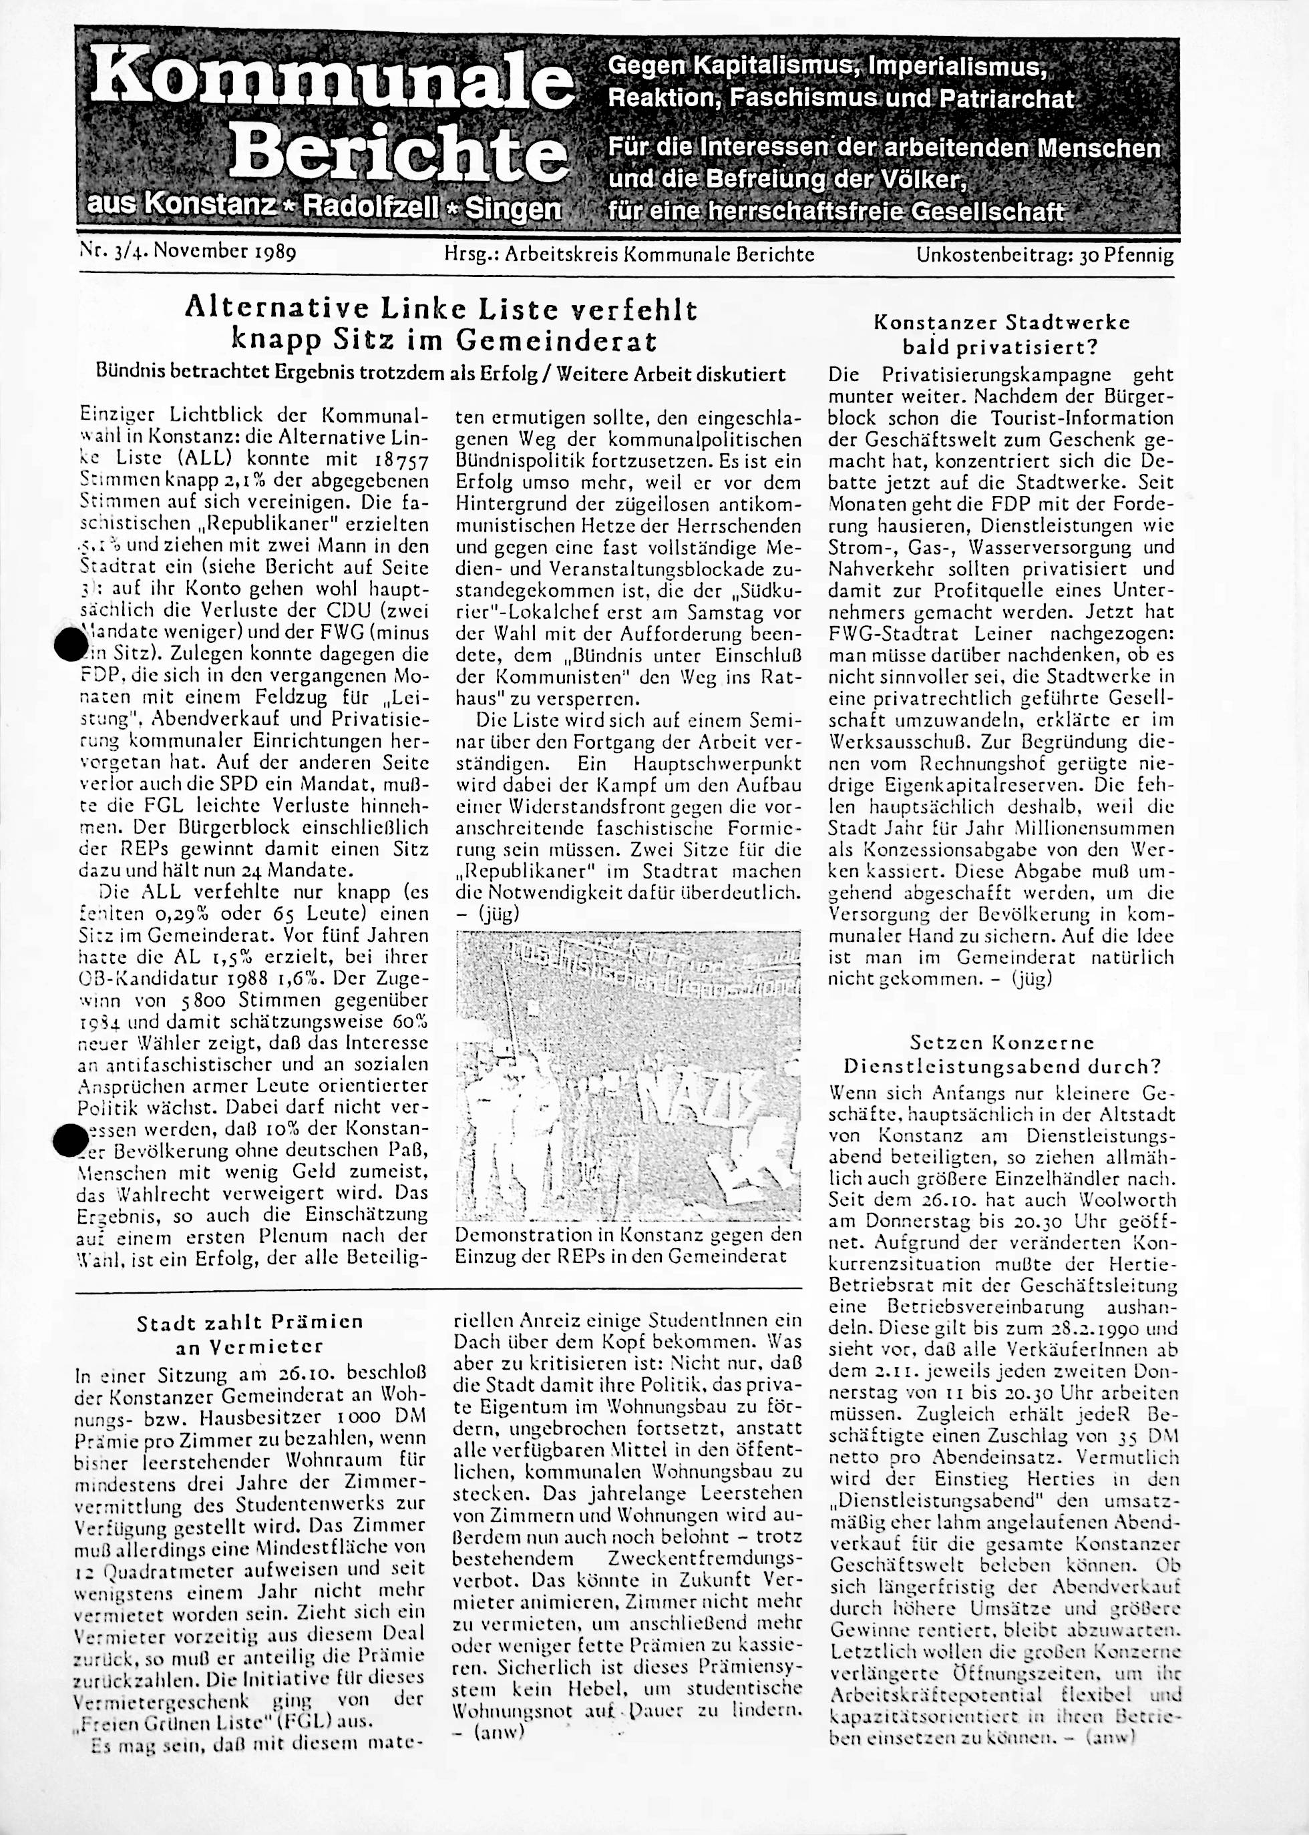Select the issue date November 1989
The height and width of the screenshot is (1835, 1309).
click(225, 253)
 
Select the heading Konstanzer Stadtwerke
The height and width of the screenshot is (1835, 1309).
click(1002, 323)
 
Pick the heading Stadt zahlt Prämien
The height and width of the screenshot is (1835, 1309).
click(250, 1322)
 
